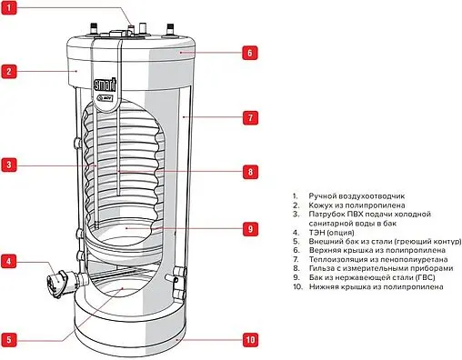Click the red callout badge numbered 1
pos(9,7)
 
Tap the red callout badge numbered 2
pos(9,72)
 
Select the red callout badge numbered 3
pos(9,165)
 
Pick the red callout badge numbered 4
pos(9,261)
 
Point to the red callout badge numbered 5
pos(9,339)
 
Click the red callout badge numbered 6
pos(250,53)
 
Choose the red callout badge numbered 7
pos(250,117)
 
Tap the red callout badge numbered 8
pos(250,172)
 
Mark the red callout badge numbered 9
pos(250,228)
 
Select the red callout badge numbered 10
pos(250,339)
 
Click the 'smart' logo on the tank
pos(105,85)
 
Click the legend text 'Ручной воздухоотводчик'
pos(357,196)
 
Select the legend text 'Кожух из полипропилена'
pos(357,205)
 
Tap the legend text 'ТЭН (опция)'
pos(331,233)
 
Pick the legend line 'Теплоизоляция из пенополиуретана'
pos(378,259)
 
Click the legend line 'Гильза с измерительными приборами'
pos(381,268)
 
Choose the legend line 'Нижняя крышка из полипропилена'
pos(377,286)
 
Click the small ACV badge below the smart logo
pos(105,98)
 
